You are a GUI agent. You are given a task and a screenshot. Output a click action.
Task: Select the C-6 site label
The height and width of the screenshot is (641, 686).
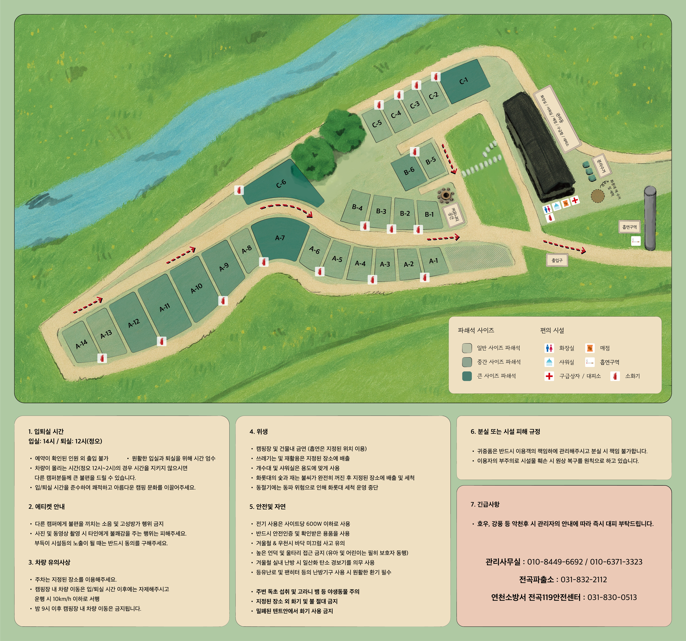click(281, 183)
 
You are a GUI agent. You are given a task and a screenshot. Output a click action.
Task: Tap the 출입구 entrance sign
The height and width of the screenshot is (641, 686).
click(557, 260)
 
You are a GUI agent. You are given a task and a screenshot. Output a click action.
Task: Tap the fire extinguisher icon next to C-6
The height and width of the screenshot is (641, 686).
click(239, 190)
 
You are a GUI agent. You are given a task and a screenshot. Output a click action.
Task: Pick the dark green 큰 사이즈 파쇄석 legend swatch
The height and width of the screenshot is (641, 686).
click(467, 376)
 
